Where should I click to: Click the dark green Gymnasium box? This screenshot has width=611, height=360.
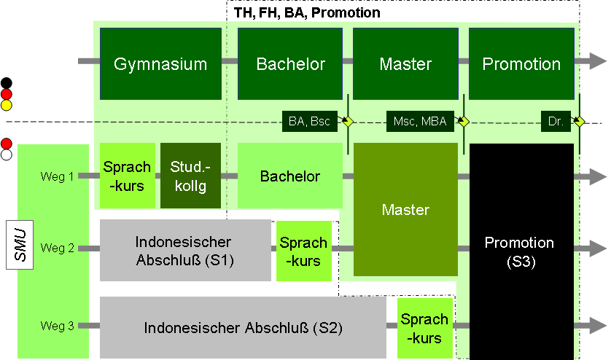tap(160, 63)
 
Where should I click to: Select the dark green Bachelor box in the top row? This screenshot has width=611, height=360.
tap(290, 63)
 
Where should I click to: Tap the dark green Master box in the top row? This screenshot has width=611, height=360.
tap(405, 63)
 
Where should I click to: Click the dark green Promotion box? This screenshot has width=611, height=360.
tap(521, 63)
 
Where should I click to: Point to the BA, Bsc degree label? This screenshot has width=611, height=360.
tap(310, 122)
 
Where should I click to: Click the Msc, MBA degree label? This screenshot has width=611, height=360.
tap(420, 122)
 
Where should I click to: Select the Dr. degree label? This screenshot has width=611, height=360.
tap(556, 122)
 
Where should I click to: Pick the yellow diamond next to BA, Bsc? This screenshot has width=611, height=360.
tap(349, 122)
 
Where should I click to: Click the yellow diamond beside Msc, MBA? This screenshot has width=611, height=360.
tap(462, 122)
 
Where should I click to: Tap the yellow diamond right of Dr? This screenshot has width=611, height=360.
tap(579, 122)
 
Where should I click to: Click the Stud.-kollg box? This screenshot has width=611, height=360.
tap(190, 176)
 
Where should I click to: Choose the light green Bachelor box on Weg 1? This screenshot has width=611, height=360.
tap(290, 176)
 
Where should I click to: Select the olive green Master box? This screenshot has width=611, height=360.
tap(405, 210)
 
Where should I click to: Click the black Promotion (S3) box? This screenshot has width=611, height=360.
tap(521, 251)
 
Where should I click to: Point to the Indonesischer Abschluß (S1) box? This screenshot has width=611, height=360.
tap(184, 250)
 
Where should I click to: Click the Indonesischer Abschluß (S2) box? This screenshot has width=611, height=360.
tap(243, 328)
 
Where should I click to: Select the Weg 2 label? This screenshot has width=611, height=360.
tap(58, 248)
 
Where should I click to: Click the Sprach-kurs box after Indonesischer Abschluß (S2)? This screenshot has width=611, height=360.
tap(424, 328)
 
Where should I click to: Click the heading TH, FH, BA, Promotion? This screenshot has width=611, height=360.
tap(307, 12)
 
